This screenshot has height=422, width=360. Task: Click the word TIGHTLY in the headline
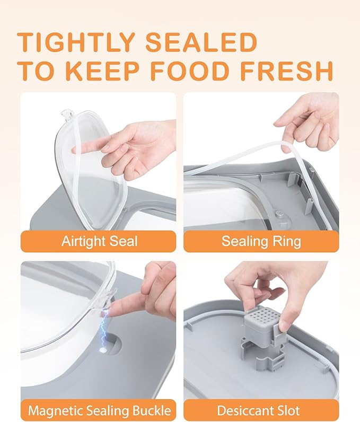point(76,42)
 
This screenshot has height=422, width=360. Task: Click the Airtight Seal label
point(99,241)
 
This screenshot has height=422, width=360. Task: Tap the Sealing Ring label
point(261,241)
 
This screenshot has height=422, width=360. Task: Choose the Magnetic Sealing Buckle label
point(99,411)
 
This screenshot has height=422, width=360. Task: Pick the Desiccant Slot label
point(258,411)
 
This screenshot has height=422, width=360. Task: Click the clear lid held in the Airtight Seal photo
point(91,167)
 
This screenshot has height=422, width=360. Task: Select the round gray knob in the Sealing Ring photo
point(278,215)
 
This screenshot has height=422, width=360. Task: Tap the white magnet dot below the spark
point(102,350)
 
